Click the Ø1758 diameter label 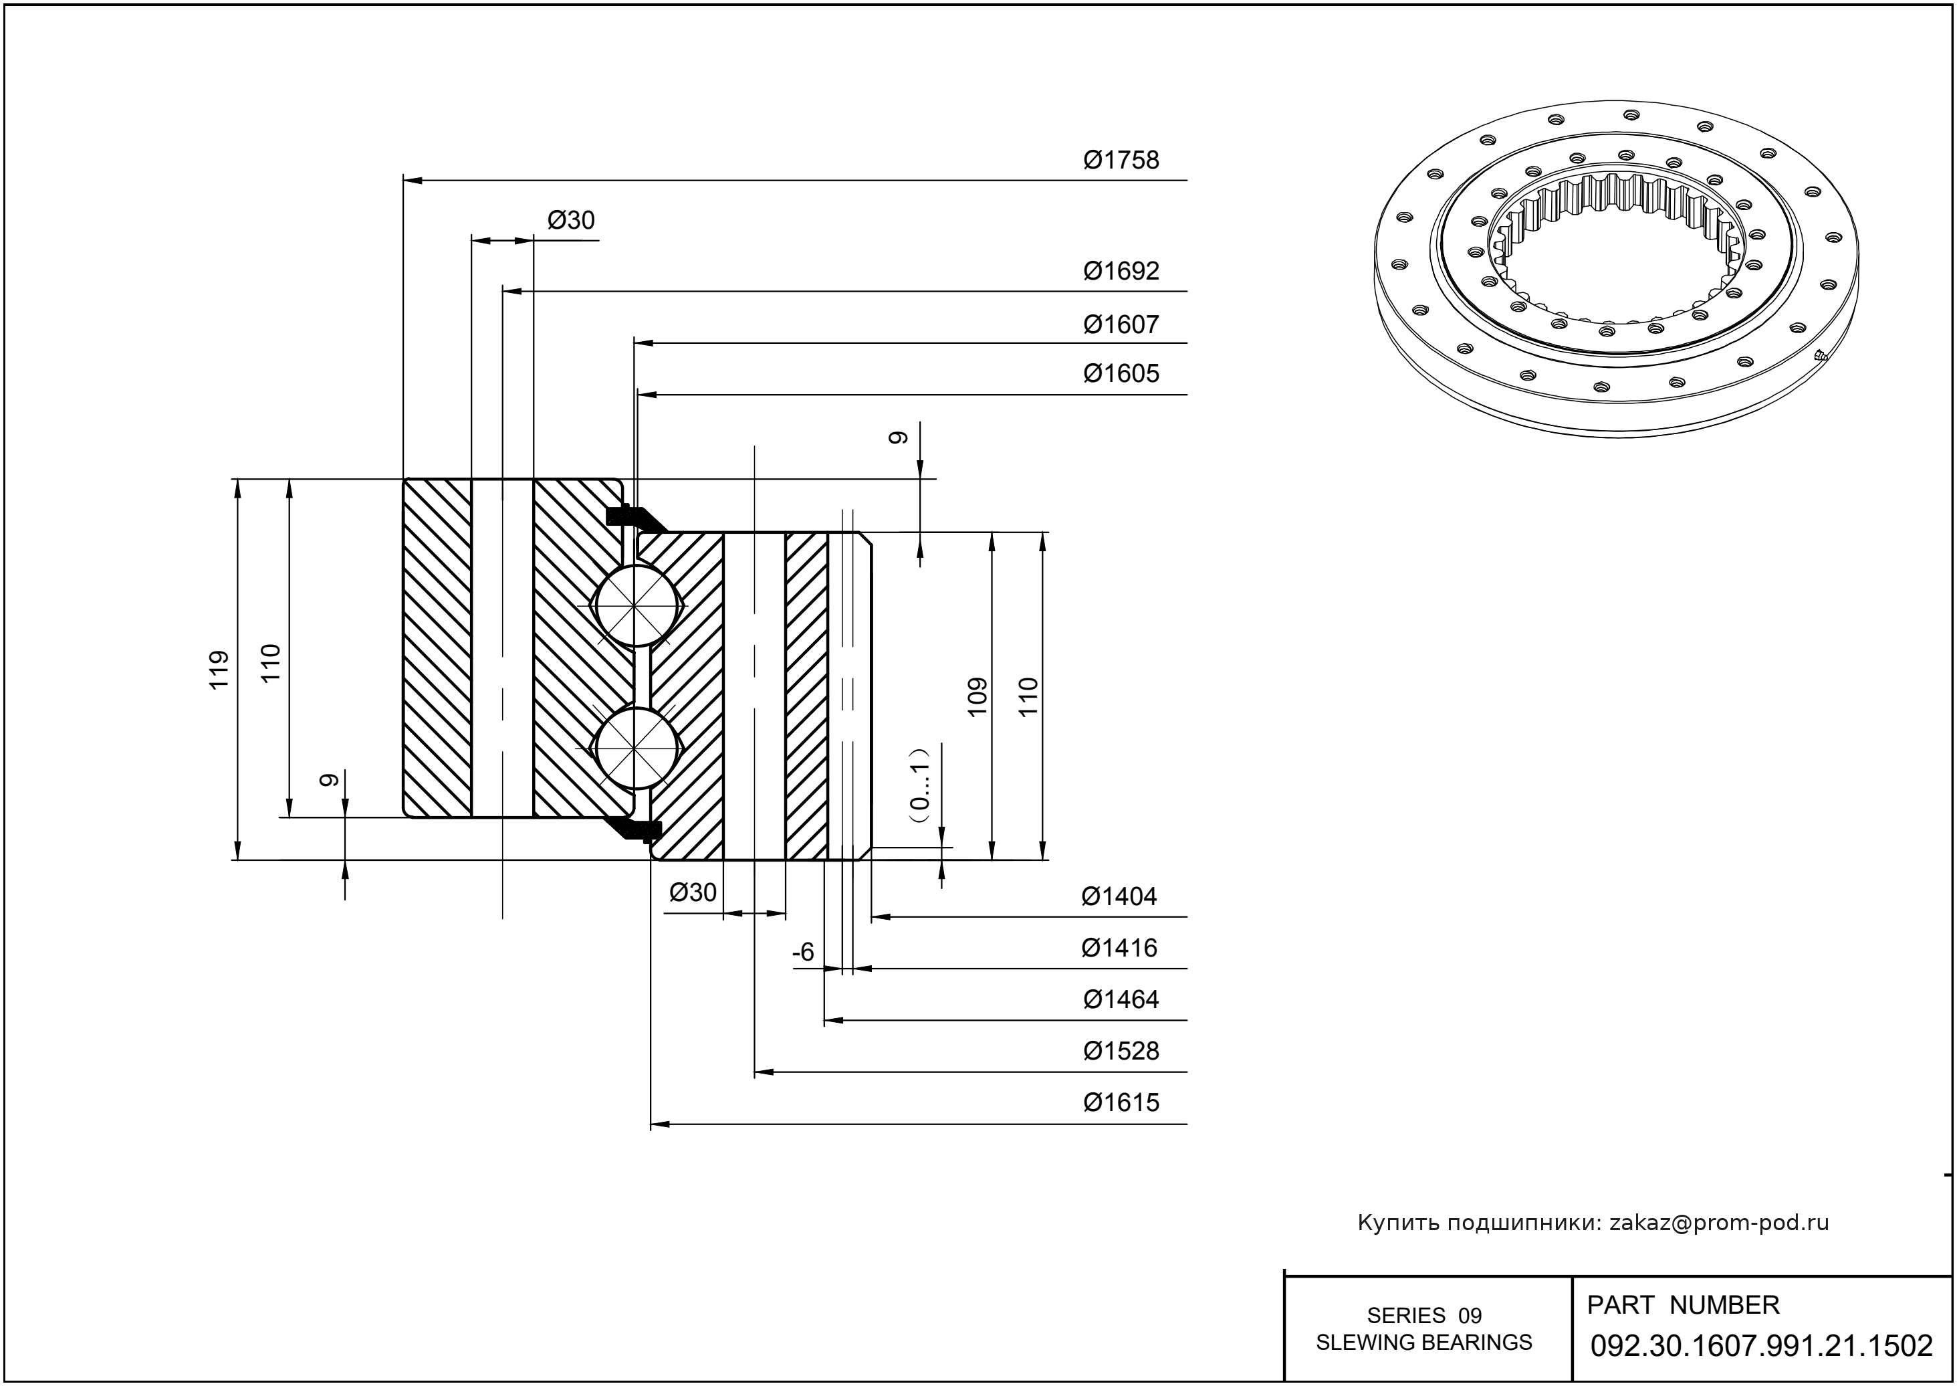pyautogui.click(x=1121, y=161)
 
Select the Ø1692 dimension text pyautogui.click(x=1121, y=272)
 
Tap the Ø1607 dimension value pyautogui.click(x=1121, y=324)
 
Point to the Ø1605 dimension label pyautogui.click(x=1121, y=374)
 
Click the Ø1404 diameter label pyautogui.click(x=1119, y=897)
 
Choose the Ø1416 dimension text pyautogui.click(x=1119, y=948)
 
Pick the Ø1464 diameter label pyautogui.click(x=1121, y=999)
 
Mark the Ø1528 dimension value pyautogui.click(x=1121, y=1051)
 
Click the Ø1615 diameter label pyautogui.click(x=1121, y=1102)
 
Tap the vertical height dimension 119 pyautogui.click(x=220, y=670)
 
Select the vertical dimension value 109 pyautogui.click(x=977, y=696)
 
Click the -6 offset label pyautogui.click(x=804, y=953)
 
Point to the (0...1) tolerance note pyautogui.click(x=919, y=785)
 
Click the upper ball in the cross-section pyautogui.click(x=636, y=605)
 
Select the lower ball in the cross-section pyautogui.click(x=636, y=748)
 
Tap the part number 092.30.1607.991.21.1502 pyautogui.click(x=1762, y=1346)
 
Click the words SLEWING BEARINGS pyautogui.click(x=1424, y=1343)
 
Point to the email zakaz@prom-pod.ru pyautogui.click(x=1719, y=1223)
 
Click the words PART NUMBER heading pyautogui.click(x=1682, y=1305)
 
